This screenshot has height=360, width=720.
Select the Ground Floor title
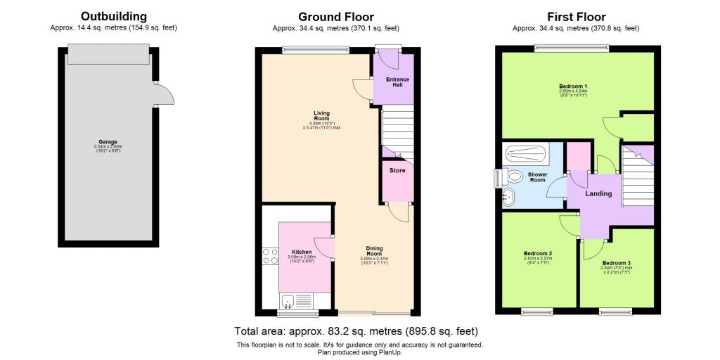[x=335, y=16]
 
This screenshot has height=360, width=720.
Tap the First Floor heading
[x=576, y=16]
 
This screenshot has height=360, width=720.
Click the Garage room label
[x=108, y=141]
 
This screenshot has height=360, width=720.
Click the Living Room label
[x=321, y=112]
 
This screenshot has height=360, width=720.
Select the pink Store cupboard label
[x=397, y=169]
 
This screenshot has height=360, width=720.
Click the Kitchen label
[x=301, y=252]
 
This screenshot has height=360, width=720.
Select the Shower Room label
[x=536, y=177]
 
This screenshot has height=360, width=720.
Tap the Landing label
[x=598, y=193]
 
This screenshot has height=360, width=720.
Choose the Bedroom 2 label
[x=537, y=253]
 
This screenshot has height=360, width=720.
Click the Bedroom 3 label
[x=616, y=263]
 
